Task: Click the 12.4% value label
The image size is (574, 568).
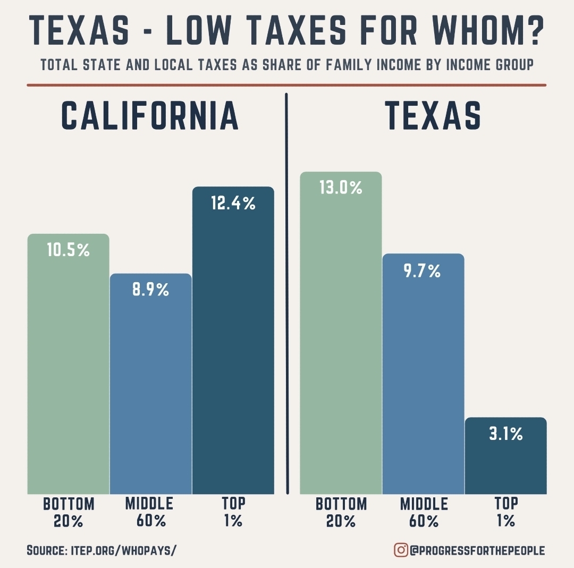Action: point(233,203)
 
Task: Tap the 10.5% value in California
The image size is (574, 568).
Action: point(68,250)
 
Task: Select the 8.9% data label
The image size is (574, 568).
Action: point(150,290)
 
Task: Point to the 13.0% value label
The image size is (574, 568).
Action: point(341,188)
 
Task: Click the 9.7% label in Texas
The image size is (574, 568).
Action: point(423,272)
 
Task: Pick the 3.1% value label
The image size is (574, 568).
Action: point(505,434)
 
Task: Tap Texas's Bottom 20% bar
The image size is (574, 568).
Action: point(341,345)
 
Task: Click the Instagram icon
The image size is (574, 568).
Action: point(400,550)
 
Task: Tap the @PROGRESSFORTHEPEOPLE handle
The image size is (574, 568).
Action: point(477,550)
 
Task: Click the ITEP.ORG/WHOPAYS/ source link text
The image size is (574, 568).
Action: point(123,550)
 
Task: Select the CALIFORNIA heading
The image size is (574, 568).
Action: point(150,115)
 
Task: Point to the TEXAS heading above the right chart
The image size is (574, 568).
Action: point(433,115)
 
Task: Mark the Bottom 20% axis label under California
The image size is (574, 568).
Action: point(69,512)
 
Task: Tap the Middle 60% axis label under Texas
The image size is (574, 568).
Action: point(424,512)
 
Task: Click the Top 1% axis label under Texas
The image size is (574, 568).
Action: point(506,512)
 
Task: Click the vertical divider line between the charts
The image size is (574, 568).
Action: point(287,292)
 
